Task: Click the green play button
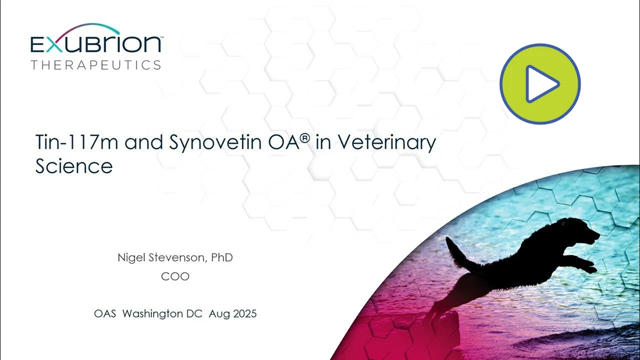[x=540, y=84]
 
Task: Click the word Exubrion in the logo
[x=97, y=44]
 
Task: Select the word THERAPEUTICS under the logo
[x=96, y=65]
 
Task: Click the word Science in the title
[x=74, y=166]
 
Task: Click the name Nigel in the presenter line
[x=130, y=258]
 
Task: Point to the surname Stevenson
[x=177, y=258]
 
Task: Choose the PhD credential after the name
[x=222, y=258]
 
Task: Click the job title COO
[x=175, y=276]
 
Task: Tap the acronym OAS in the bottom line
[x=105, y=313]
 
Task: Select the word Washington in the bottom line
[x=162, y=314]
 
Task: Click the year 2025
[x=244, y=313]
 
